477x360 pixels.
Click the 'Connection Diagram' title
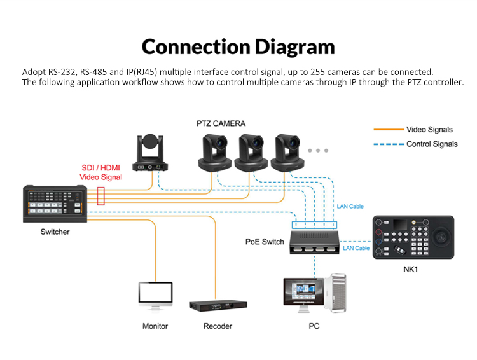pyautogui.click(x=238, y=46)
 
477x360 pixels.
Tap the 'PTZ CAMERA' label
pyautogui.click(x=221, y=123)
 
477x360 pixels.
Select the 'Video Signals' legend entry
pyautogui.click(x=429, y=130)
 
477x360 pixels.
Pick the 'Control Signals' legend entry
pyautogui.click(x=432, y=144)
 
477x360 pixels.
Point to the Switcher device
pyautogui.click(x=55, y=204)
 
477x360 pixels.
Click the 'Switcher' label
pyautogui.click(x=55, y=232)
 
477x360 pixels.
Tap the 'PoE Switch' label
pyautogui.click(x=265, y=242)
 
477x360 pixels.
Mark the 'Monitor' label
pyautogui.click(x=155, y=326)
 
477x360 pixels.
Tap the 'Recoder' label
pyautogui.click(x=218, y=326)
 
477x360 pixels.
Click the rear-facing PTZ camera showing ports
pyautogui.click(x=150, y=154)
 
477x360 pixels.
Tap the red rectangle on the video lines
pyautogui.click(x=100, y=195)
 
